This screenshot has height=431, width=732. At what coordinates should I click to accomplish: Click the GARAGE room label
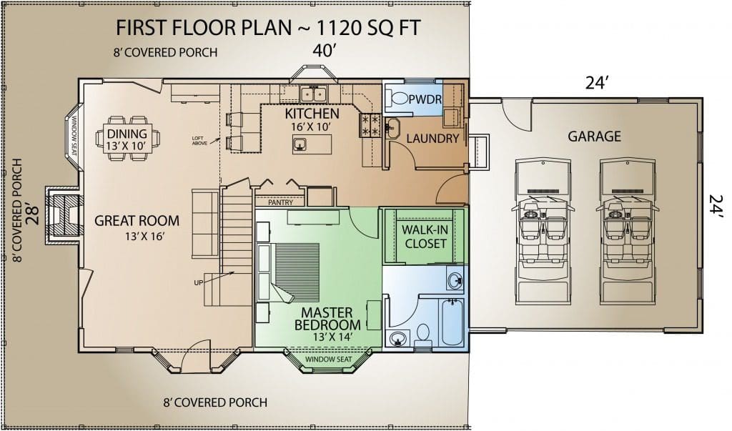pos(594,137)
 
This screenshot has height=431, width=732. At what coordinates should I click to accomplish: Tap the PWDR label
pos(425,99)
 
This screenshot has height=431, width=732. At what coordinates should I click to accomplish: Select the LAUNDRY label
pos(432,138)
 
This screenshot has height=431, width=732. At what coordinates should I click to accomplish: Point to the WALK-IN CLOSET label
pos(425,237)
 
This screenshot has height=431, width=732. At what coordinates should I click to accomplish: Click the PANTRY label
pos(280,203)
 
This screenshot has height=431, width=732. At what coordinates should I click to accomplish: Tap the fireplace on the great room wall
pos(64,215)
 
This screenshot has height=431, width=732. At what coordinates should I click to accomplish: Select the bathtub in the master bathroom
pos(452,322)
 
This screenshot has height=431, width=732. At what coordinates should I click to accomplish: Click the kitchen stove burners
pos(370,126)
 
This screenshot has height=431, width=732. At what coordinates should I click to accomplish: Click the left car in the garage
pos(543,231)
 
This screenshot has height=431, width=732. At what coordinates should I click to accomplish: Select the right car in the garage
pos(628,231)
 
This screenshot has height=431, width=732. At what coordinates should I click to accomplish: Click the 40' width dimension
pos(325,50)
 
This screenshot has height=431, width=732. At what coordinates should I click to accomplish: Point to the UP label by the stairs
pos(199,282)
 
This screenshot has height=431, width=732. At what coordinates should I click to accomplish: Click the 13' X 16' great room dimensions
pos(145,237)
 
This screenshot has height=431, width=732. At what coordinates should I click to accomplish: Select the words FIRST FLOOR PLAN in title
pos(204,28)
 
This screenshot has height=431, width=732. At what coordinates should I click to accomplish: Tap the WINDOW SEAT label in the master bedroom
pos(329,359)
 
